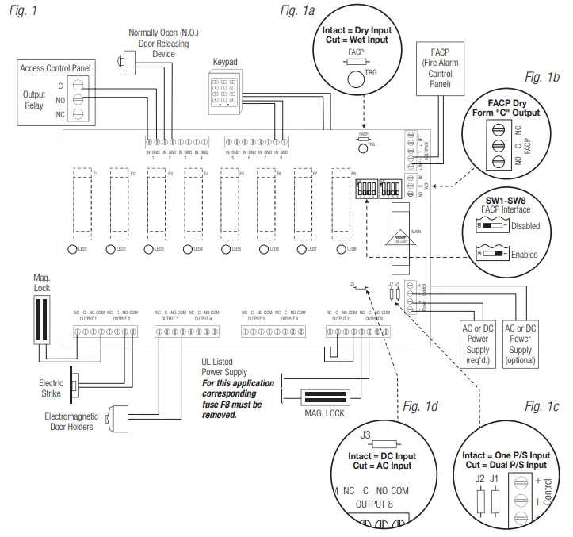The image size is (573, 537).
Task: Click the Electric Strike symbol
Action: (x=72, y=387)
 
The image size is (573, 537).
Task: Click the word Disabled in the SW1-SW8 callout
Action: (x=524, y=226)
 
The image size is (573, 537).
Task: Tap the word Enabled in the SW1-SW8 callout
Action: (x=524, y=255)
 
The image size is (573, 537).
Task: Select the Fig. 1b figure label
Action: (x=542, y=77)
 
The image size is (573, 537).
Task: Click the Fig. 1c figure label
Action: (x=542, y=407)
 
